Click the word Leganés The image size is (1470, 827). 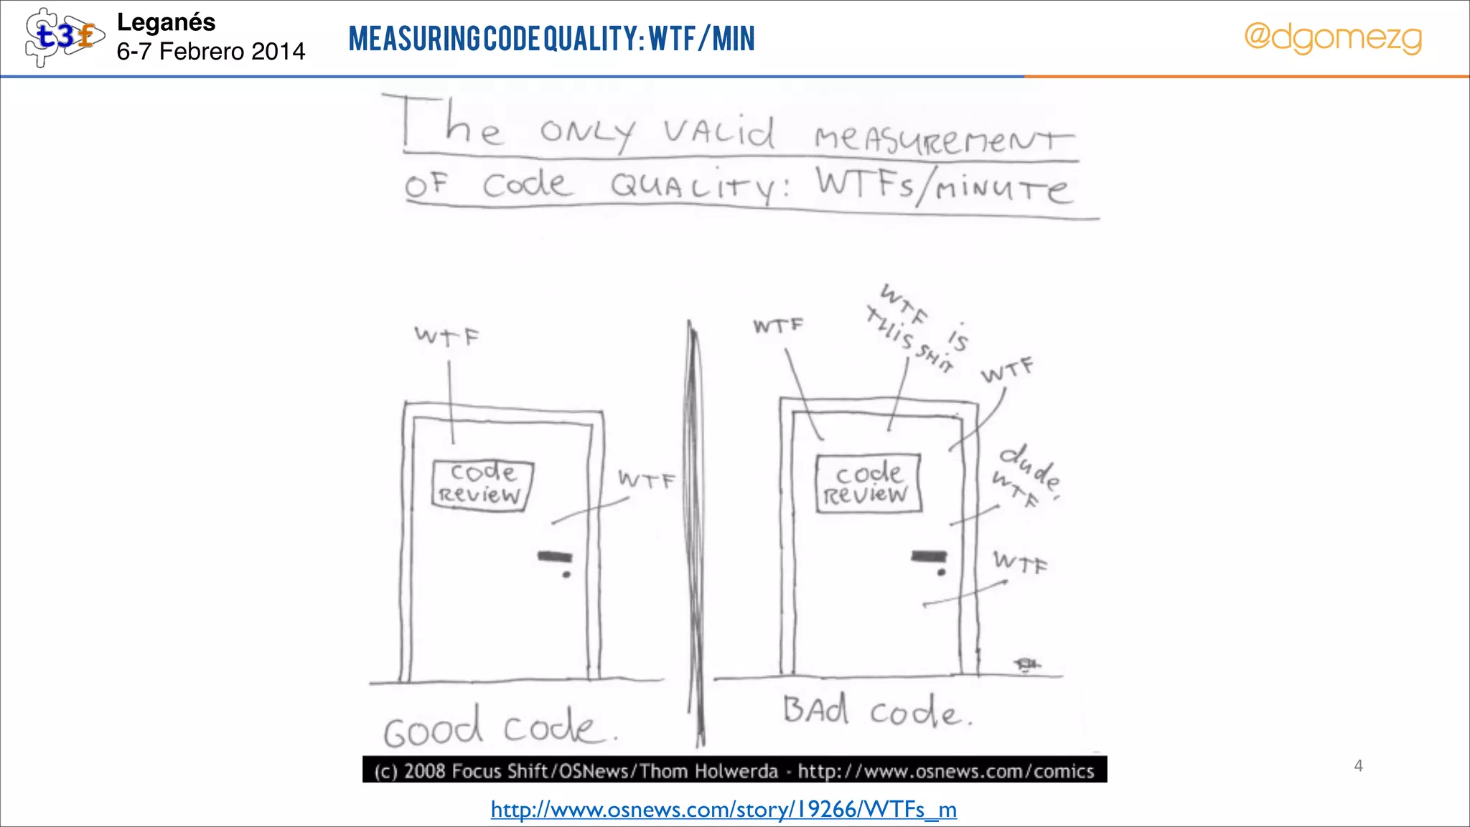[x=166, y=23]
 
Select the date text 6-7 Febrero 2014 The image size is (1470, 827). [x=210, y=52]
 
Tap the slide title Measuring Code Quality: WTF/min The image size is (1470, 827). [x=551, y=39]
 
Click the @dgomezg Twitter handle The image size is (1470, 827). [x=1332, y=37]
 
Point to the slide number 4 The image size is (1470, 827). [x=1358, y=766]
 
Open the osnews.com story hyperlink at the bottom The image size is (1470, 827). [x=724, y=810]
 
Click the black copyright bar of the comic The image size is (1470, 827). [x=734, y=770]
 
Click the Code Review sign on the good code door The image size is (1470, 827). [x=482, y=485]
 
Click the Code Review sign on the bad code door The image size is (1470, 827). [x=868, y=483]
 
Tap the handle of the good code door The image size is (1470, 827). [x=555, y=556]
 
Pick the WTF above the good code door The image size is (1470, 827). [x=446, y=335]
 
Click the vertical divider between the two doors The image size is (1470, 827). [x=695, y=531]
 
